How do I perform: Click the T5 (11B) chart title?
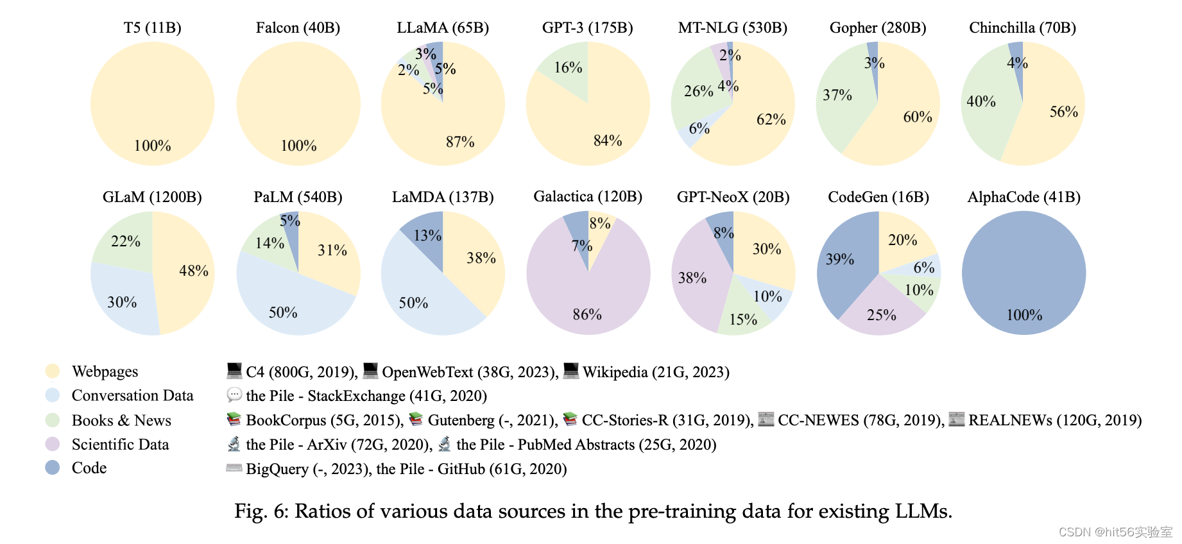point(152,28)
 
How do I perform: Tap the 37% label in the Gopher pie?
point(837,95)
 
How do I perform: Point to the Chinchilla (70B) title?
point(1022,28)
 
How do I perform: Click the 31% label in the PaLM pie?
point(332,250)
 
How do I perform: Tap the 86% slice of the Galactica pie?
point(587,302)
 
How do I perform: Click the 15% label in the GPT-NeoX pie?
point(743,319)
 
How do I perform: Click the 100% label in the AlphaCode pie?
point(1024,315)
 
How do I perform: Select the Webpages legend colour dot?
point(53,371)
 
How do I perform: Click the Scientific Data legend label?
point(120,445)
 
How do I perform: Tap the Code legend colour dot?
point(53,468)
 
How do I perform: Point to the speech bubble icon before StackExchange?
point(234,395)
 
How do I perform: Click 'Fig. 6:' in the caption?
point(261,511)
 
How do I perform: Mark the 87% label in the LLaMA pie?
point(460,142)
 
